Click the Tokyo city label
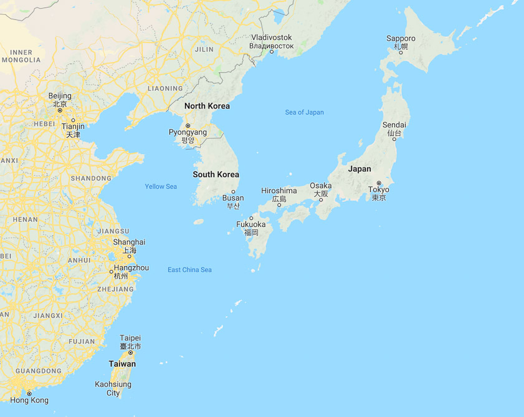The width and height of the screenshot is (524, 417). click(379, 190)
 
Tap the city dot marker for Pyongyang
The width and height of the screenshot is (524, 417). click(188, 126)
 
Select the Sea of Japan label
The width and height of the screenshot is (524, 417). click(305, 112)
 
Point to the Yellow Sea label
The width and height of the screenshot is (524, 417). click(161, 186)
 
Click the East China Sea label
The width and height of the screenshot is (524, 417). click(189, 270)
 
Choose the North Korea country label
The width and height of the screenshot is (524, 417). click(207, 106)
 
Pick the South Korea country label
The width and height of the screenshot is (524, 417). click(216, 175)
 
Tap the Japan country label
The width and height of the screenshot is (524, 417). click(360, 169)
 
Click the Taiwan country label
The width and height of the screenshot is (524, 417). click(122, 364)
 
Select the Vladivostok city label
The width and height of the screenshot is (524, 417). click(271, 38)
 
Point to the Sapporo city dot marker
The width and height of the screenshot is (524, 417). click(401, 52)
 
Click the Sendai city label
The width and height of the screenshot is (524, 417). click(394, 125)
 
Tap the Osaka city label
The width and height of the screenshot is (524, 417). click(321, 186)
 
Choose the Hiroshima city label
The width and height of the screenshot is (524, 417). click(279, 191)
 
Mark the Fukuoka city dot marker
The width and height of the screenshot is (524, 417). click(252, 218)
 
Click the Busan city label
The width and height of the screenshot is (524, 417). click(233, 198)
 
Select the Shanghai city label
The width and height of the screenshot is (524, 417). click(129, 242)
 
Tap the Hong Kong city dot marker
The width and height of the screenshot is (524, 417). click(29, 393)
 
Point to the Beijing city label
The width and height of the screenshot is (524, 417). click(60, 96)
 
